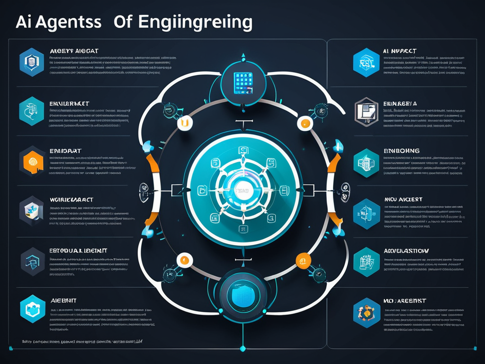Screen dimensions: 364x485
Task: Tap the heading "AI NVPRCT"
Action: [x=400, y=50]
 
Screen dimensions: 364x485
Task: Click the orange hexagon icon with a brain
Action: [x=32, y=161]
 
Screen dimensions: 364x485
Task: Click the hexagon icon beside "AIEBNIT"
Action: [x=32, y=309]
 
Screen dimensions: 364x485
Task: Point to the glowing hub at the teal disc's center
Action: [x=242, y=191]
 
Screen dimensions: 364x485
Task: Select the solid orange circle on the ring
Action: [x=303, y=260]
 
